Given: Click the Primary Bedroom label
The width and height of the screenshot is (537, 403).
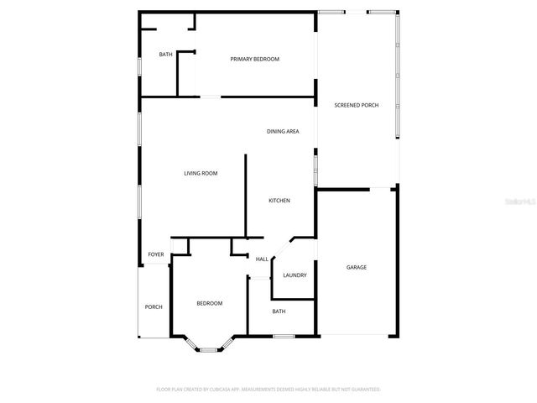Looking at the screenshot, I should [254, 59].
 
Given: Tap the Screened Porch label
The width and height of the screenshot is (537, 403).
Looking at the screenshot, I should [356, 105].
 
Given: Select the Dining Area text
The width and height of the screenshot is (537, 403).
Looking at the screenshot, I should [283, 131].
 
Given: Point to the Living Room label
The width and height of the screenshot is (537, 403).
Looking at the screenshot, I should [201, 173].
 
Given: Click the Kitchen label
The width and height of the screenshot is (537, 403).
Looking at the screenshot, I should [279, 200].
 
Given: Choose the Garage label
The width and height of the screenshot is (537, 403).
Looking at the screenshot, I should [356, 267].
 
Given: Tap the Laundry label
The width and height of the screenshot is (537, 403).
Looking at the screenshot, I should [295, 275].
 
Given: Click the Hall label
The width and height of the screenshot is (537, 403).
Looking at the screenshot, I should [262, 259].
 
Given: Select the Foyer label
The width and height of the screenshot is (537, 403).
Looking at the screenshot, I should [156, 254].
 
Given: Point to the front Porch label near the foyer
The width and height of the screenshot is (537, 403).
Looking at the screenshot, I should [154, 306].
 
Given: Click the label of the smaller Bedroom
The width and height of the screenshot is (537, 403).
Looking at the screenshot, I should [209, 303].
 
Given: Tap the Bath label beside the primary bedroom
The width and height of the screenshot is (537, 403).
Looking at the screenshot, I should [166, 55].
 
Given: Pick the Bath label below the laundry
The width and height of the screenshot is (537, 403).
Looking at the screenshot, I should [279, 311].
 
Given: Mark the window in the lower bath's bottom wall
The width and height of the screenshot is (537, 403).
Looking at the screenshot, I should [283, 337].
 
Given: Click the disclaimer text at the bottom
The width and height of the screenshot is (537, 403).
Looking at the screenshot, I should [268, 389].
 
